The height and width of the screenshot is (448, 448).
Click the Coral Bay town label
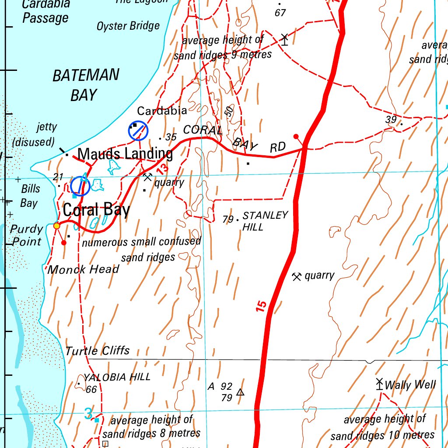click(96, 210)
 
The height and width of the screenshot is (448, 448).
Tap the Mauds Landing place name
click(125, 154)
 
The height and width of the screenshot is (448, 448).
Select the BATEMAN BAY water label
click(85, 85)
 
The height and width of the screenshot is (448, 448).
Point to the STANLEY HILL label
click(265, 221)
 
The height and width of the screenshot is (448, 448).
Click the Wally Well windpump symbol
click(379, 384)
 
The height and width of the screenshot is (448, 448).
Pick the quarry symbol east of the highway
click(297, 276)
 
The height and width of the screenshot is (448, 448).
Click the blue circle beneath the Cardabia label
click(138, 130)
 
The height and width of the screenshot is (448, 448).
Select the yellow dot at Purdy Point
click(57, 226)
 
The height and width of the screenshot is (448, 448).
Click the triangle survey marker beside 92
click(240, 392)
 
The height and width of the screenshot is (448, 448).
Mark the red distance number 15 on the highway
click(261, 306)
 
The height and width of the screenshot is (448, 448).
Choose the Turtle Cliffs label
click(98, 351)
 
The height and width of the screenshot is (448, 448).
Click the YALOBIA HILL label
click(117, 377)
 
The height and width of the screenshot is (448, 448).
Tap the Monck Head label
click(83, 269)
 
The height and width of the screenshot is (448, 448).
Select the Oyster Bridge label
click(128, 26)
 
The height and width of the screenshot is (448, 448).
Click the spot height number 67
click(280, 13)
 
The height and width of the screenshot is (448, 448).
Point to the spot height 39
click(391, 120)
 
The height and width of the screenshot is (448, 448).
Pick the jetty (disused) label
click(35, 134)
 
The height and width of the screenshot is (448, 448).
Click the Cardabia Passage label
click(46, 11)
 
